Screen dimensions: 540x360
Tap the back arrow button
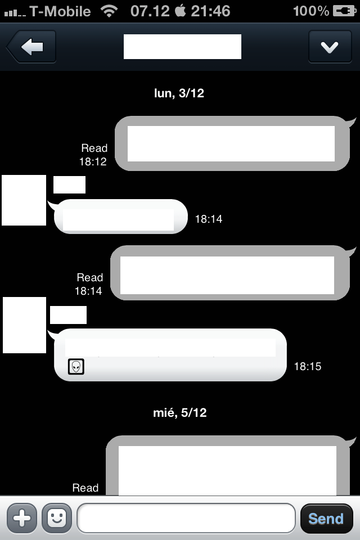pos(31,47)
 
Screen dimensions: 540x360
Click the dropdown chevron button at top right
pos(329,47)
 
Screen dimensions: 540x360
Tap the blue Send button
pos(326,519)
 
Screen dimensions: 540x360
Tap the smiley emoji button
pos(56,518)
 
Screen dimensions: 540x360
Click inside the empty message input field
pos(186,518)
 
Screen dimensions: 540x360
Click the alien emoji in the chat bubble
pos(76,367)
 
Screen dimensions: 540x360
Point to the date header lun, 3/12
pos(179,93)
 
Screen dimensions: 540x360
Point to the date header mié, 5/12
pos(180,413)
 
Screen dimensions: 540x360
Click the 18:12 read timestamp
pos(93,161)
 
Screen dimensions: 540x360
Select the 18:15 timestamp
pos(308,367)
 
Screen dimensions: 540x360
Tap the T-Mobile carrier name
pos(60,11)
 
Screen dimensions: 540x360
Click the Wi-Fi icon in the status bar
pos(109,11)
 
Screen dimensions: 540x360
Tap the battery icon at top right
pos(344,11)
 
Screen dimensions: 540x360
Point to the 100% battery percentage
pos(311,11)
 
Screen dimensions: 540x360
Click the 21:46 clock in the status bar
pos(210,11)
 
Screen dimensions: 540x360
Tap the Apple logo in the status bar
pos(180,11)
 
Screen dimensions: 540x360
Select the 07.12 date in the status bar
pos(150,11)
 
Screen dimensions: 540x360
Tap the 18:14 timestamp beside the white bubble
pos(209,219)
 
